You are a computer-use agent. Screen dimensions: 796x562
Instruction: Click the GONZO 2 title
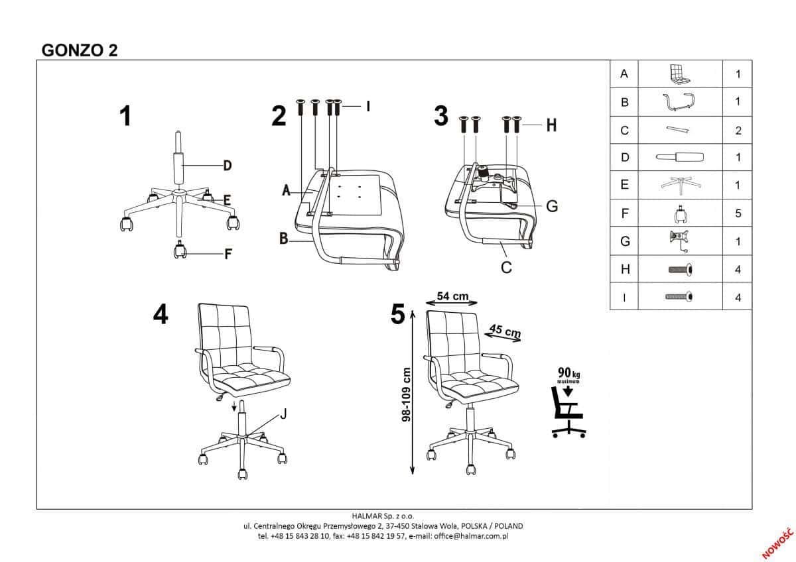(80, 50)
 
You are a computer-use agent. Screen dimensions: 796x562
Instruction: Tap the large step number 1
(125, 116)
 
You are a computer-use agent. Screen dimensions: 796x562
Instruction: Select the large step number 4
(161, 314)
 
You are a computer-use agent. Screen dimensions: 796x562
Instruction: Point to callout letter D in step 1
(228, 166)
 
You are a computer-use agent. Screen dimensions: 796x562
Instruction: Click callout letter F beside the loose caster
(228, 254)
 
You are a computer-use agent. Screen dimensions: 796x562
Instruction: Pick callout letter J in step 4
(283, 414)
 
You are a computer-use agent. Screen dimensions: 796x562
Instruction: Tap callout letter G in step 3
(552, 206)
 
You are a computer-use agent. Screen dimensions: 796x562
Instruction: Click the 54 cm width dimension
(452, 296)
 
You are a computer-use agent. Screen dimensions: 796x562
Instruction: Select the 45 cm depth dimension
(505, 331)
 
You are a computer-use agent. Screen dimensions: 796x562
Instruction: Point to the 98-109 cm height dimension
(406, 394)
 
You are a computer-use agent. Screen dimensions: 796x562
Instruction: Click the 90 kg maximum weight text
(569, 374)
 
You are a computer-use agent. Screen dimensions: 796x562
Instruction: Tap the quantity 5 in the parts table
(738, 213)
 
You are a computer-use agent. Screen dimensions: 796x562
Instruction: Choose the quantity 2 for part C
(738, 131)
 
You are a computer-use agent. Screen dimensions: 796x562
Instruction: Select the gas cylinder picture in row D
(680, 157)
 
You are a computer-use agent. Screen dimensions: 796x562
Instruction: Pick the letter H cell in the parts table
(625, 270)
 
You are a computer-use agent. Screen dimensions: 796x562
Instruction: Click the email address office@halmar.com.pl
(471, 536)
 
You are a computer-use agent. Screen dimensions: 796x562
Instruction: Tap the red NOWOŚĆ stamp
(777, 543)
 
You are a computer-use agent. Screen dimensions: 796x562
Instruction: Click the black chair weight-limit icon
(568, 412)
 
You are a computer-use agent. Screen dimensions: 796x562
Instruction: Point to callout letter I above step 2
(368, 106)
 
